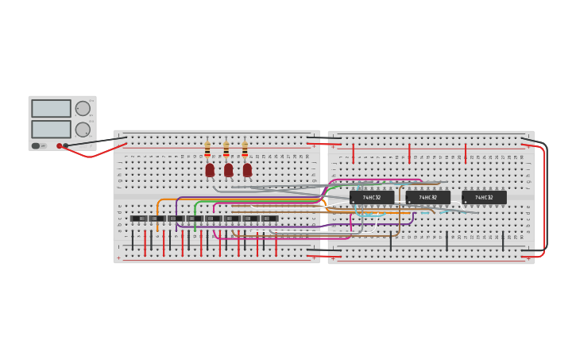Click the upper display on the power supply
coord(51,108)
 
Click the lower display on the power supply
coord(51,129)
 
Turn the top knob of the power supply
coord(83,108)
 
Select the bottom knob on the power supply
coord(83,129)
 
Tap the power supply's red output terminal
coord(59,146)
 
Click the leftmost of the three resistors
coord(207,149)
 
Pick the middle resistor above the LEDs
coord(226,149)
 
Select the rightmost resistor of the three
coord(245,149)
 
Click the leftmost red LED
coord(210,170)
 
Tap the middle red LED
coord(229,170)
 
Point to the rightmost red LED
coord(247,170)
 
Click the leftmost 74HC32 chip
coord(372,197)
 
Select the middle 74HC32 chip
coord(428,197)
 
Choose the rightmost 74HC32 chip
coord(484,197)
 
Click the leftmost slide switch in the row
coord(138,219)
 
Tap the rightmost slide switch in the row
coord(270,219)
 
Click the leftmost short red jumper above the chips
coord(353,153)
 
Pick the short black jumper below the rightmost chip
coord(503,241)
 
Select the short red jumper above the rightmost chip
coord(466,153)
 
